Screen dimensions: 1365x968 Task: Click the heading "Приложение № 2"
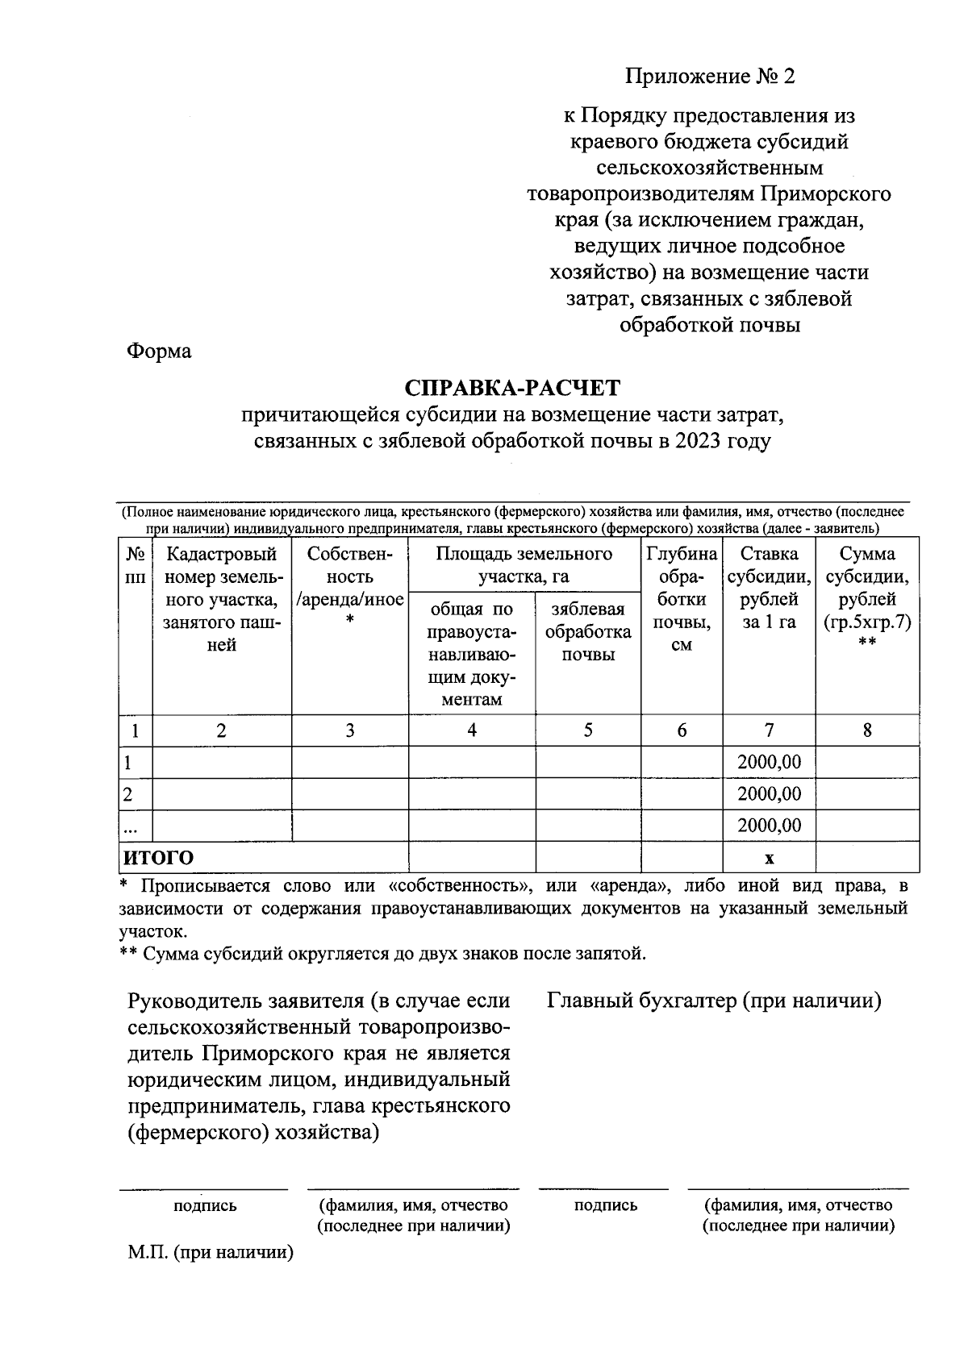tap(709, 77)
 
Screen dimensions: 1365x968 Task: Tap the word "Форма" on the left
tap(159, 352)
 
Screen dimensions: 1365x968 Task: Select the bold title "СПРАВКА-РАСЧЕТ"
tap(512, 388)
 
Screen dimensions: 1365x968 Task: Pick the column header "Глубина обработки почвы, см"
tap(682, 599)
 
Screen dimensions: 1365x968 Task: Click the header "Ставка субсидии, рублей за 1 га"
tap(769, 588)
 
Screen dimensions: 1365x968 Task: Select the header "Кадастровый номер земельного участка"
tap(222, 599)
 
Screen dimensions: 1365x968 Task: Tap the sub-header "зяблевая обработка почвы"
tap(587, 632)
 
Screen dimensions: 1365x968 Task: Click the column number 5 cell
tap(588, 730)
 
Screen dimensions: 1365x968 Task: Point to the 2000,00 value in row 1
tap(769, 762)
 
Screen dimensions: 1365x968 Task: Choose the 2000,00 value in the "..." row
tap(769, 826)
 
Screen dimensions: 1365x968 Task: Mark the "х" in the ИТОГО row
tap(769, 858)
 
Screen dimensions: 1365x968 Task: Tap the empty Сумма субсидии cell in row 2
tap(867, 794)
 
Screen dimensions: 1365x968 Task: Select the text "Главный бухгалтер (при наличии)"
tap(714, 1001)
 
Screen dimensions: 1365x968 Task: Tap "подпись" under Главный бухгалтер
tap(605, 1205)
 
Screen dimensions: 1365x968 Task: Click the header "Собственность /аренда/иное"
tap(349, 588)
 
